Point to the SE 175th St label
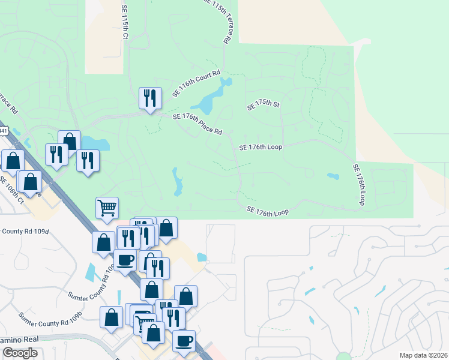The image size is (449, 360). tap(264, 105)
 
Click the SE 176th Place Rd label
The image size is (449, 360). tap(197, 124)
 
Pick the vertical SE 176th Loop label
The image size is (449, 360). tap(359, 185)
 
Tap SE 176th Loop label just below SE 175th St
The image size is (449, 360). tap(261, 146)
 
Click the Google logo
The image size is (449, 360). tap(20, 353)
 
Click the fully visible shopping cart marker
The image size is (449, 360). tap(107, 208)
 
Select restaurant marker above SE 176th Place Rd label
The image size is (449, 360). tap(149, 98)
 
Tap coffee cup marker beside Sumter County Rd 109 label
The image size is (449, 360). tap(125, 260)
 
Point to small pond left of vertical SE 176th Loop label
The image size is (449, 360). tap(333, 176)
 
